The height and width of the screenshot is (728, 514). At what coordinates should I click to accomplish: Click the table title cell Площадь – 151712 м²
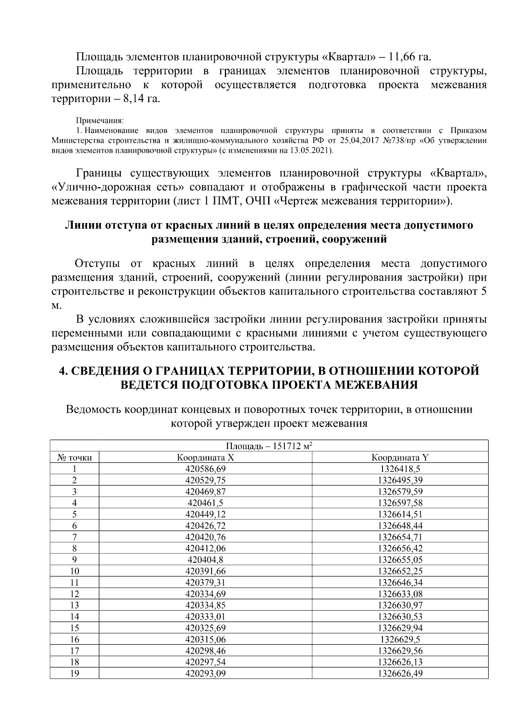tap(269, 446)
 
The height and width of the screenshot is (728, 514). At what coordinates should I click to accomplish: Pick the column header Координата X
tap(205, 457)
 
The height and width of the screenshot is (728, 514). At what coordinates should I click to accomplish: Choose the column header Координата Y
tap(400, 457)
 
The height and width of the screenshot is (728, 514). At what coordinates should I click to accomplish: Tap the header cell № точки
tap(74, 457)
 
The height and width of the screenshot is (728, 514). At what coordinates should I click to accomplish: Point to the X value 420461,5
tap(205, 503)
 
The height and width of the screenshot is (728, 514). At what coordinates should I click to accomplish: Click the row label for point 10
tap(74, 571)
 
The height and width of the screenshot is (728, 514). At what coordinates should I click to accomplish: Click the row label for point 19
tap(74, 674)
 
